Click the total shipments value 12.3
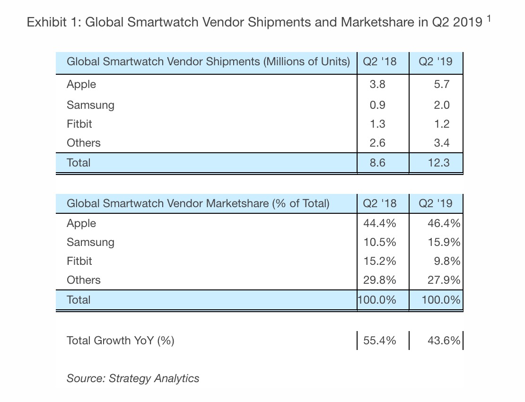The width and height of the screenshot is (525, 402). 437,163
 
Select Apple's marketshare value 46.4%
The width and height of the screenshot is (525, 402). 444,223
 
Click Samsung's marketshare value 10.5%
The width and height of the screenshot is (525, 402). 379,242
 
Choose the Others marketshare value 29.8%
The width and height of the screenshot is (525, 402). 379,280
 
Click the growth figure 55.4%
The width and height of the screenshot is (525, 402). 379,340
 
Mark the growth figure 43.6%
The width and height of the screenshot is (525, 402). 444,340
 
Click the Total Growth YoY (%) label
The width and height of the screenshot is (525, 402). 121,340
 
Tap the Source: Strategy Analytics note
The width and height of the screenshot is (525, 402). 133,378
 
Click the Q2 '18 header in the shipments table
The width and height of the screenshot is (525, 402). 379,61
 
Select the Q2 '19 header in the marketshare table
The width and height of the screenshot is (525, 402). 436,204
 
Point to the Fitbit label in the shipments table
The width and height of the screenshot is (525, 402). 79,124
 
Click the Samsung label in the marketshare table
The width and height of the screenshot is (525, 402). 90,242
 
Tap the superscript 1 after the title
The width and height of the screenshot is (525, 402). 489,19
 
